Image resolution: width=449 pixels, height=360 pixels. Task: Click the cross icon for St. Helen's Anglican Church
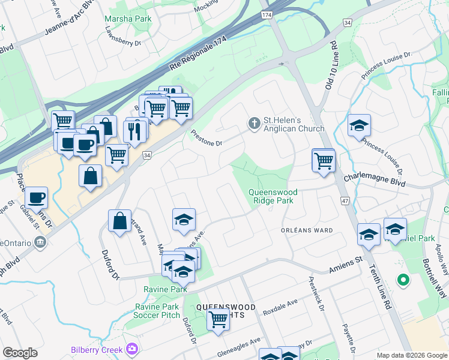(x=254, y=124)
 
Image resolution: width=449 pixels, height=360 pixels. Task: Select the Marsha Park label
(x=127, y=19)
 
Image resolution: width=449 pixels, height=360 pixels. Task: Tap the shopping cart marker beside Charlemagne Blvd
(x=324, y=161)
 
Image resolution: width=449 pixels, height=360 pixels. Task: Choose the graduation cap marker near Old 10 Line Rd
(x=359, y=125)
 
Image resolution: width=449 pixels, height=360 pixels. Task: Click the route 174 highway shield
(x=267, y=14)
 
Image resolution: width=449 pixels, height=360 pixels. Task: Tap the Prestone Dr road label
(x=206, y=140)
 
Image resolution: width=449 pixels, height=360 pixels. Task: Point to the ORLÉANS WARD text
(x=307, y=230)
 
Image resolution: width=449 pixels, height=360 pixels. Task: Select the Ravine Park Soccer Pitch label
(x=157, y=311)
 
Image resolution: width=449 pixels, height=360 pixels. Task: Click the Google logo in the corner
(x=20, y=353)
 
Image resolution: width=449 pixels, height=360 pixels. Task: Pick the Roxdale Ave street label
(x=280, y=305)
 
